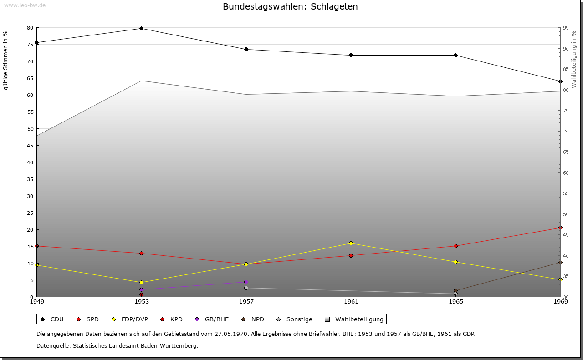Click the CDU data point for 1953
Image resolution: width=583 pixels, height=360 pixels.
(x=141, y=28)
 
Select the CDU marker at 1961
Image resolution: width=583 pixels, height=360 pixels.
(x=351, y=55)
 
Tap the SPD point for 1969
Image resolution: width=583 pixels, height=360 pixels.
(x=560, y=228)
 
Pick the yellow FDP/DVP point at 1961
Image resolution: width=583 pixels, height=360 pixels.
(x=351, y=243)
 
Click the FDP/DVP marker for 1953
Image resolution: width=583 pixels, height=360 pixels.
(x=141, y=282)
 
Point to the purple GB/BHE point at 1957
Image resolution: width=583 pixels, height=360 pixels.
(x=246, y=282)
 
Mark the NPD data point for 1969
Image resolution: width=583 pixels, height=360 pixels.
(x=560, y=262)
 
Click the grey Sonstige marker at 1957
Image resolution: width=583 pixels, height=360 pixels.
(x=246, y=288)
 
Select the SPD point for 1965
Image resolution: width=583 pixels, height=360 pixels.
(x=455, y=246)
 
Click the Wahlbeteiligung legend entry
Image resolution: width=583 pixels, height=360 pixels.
(x=355, y=319)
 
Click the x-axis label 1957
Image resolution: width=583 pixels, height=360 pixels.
(x=246, y=301)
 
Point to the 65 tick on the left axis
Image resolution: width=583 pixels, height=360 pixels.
(x=30, y=78)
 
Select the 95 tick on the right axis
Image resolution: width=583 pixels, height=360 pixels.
(x=566, y=28)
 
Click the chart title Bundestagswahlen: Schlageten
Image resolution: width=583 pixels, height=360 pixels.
(x=290, y=6)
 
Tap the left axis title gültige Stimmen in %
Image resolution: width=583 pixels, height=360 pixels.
(x=5, y=60)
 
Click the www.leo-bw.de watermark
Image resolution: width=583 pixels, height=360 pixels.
(x=25, y=5)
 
